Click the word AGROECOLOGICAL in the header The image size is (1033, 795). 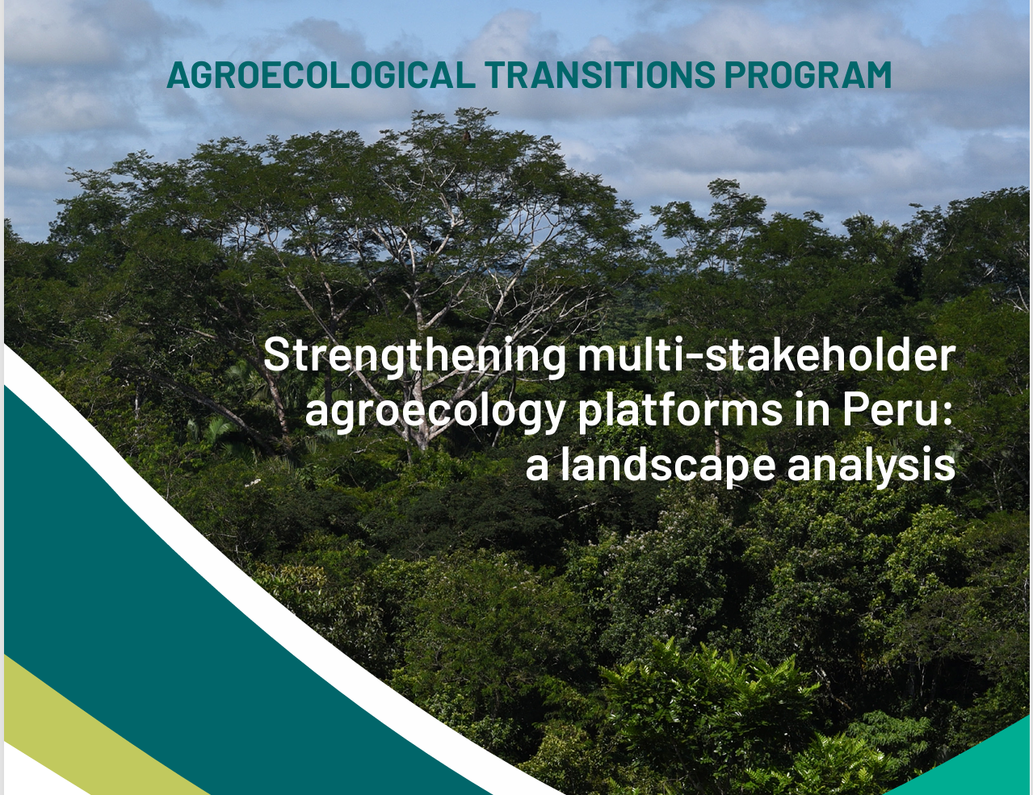(x=321, y=75)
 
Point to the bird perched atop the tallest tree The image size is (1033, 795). (x=467, y=136)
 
